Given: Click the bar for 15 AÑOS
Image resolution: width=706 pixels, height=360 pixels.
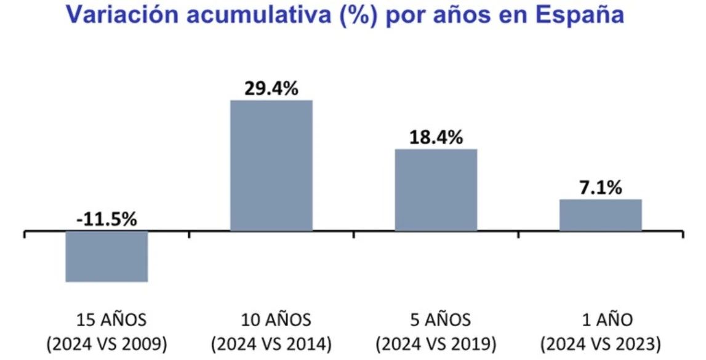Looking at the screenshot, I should (106, 257).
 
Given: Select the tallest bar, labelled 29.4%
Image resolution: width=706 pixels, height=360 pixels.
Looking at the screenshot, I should (271, 166).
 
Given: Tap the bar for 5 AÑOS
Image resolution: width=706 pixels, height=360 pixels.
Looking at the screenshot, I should (436, 190).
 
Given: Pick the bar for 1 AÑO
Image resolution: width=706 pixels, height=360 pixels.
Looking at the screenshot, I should (601, 215).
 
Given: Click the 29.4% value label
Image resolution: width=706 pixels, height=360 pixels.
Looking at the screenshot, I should (271, 89).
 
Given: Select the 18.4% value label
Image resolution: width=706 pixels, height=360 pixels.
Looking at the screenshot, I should (436, 138).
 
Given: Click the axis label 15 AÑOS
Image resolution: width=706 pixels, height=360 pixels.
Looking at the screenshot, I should (111, 320).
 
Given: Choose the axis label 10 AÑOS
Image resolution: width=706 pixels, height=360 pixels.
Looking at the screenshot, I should (271, 320).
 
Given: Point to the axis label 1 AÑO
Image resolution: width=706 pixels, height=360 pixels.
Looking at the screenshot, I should (601, 320).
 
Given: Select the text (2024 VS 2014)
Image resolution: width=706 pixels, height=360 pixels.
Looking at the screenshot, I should (271, 343).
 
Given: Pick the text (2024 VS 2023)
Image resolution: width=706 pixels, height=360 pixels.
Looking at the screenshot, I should (601, 343).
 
